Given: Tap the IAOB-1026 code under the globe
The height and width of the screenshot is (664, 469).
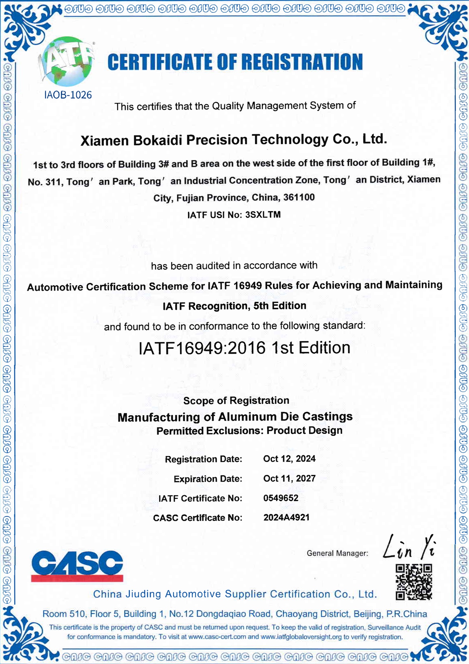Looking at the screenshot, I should (68, 95).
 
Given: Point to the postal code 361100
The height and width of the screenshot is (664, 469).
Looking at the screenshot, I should (299, 197).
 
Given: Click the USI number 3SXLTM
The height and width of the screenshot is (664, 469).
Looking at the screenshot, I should (263, 215).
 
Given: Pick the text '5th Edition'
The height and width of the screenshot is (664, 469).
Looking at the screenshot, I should (280, 306).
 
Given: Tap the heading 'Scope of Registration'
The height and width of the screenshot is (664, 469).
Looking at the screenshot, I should (236, 401).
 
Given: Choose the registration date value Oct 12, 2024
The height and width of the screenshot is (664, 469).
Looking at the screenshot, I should (289, 459).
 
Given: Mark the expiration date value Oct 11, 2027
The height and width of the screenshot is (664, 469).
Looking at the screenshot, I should (289, 479).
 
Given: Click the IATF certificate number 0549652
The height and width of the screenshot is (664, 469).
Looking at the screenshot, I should (281, 498).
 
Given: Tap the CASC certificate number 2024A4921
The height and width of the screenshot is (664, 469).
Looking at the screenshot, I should (286, 518).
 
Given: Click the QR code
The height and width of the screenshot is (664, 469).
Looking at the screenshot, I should (413, 582).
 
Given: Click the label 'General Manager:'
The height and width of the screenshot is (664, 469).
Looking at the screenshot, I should (337, 553).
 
